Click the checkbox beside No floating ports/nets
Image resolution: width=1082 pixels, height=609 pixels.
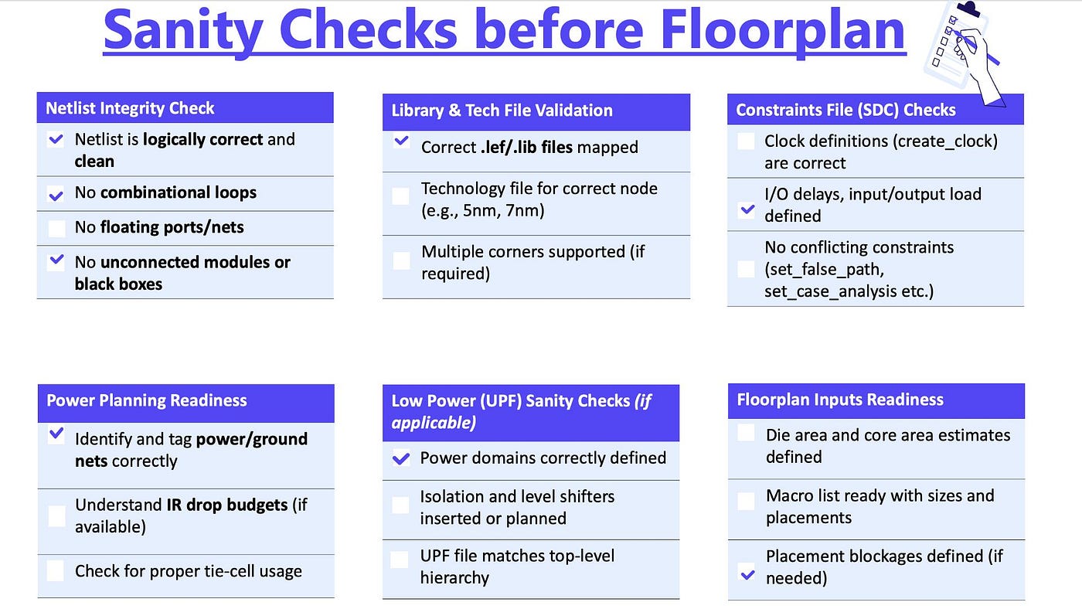pos(56,228)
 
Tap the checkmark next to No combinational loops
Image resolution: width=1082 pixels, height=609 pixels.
pos(56,195)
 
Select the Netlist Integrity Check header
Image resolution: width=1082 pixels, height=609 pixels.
pos(130,108)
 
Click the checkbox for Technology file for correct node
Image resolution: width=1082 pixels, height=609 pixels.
pos(400,196)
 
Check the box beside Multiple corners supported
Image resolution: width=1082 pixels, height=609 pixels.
pos(401,260)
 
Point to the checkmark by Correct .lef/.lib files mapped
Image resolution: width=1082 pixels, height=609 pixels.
pos(401,141)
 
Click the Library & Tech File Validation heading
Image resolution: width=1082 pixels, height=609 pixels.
pos(502,111)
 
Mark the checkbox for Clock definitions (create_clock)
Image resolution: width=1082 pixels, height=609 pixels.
pos(746,141)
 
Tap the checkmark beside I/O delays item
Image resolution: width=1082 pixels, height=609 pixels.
pos(747,209)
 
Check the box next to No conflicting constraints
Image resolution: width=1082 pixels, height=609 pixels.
pos(747,269)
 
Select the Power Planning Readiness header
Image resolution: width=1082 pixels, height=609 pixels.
pos(146,400)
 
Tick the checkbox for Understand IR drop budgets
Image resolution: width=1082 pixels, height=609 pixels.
pos(56,515)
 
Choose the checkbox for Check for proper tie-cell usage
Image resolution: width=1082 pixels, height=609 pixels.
pos(56,571)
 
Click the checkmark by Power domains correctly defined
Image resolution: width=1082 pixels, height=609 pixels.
pos(401,458)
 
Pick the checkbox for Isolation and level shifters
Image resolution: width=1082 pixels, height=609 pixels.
pos(400,505)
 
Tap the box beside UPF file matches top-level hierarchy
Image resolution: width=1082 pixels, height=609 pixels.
pos(400,560)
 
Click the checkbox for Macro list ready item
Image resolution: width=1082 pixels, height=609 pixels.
pos(747,502)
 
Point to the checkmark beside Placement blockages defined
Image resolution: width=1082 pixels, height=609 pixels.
pos(748,573)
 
